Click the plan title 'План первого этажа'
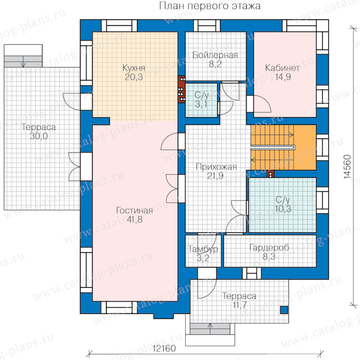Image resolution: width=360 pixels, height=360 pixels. (210, 6)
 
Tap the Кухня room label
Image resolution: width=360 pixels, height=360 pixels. (134, 68)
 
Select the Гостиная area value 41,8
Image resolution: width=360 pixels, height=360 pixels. (135, 220)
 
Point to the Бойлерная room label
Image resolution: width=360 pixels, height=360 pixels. (215, 55)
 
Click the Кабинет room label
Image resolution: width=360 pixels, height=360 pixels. (282, 68)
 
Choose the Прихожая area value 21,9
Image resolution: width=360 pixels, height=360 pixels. (215, 176)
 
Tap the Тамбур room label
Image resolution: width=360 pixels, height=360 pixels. (203, 249)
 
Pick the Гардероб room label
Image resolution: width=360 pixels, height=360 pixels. (269, 248)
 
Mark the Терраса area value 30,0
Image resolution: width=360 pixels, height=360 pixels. (38, 136)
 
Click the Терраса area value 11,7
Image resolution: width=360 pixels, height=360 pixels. (240, 305)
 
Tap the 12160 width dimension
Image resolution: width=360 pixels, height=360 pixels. (164, 348)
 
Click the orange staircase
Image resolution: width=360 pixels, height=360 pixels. (283, 147)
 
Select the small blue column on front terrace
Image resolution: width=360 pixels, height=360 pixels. (284, 310)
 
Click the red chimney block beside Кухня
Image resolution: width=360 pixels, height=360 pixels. (181, 89)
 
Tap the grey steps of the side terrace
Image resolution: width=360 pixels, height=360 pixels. (23, 62)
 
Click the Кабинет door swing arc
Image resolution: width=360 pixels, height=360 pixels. (265, 103)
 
